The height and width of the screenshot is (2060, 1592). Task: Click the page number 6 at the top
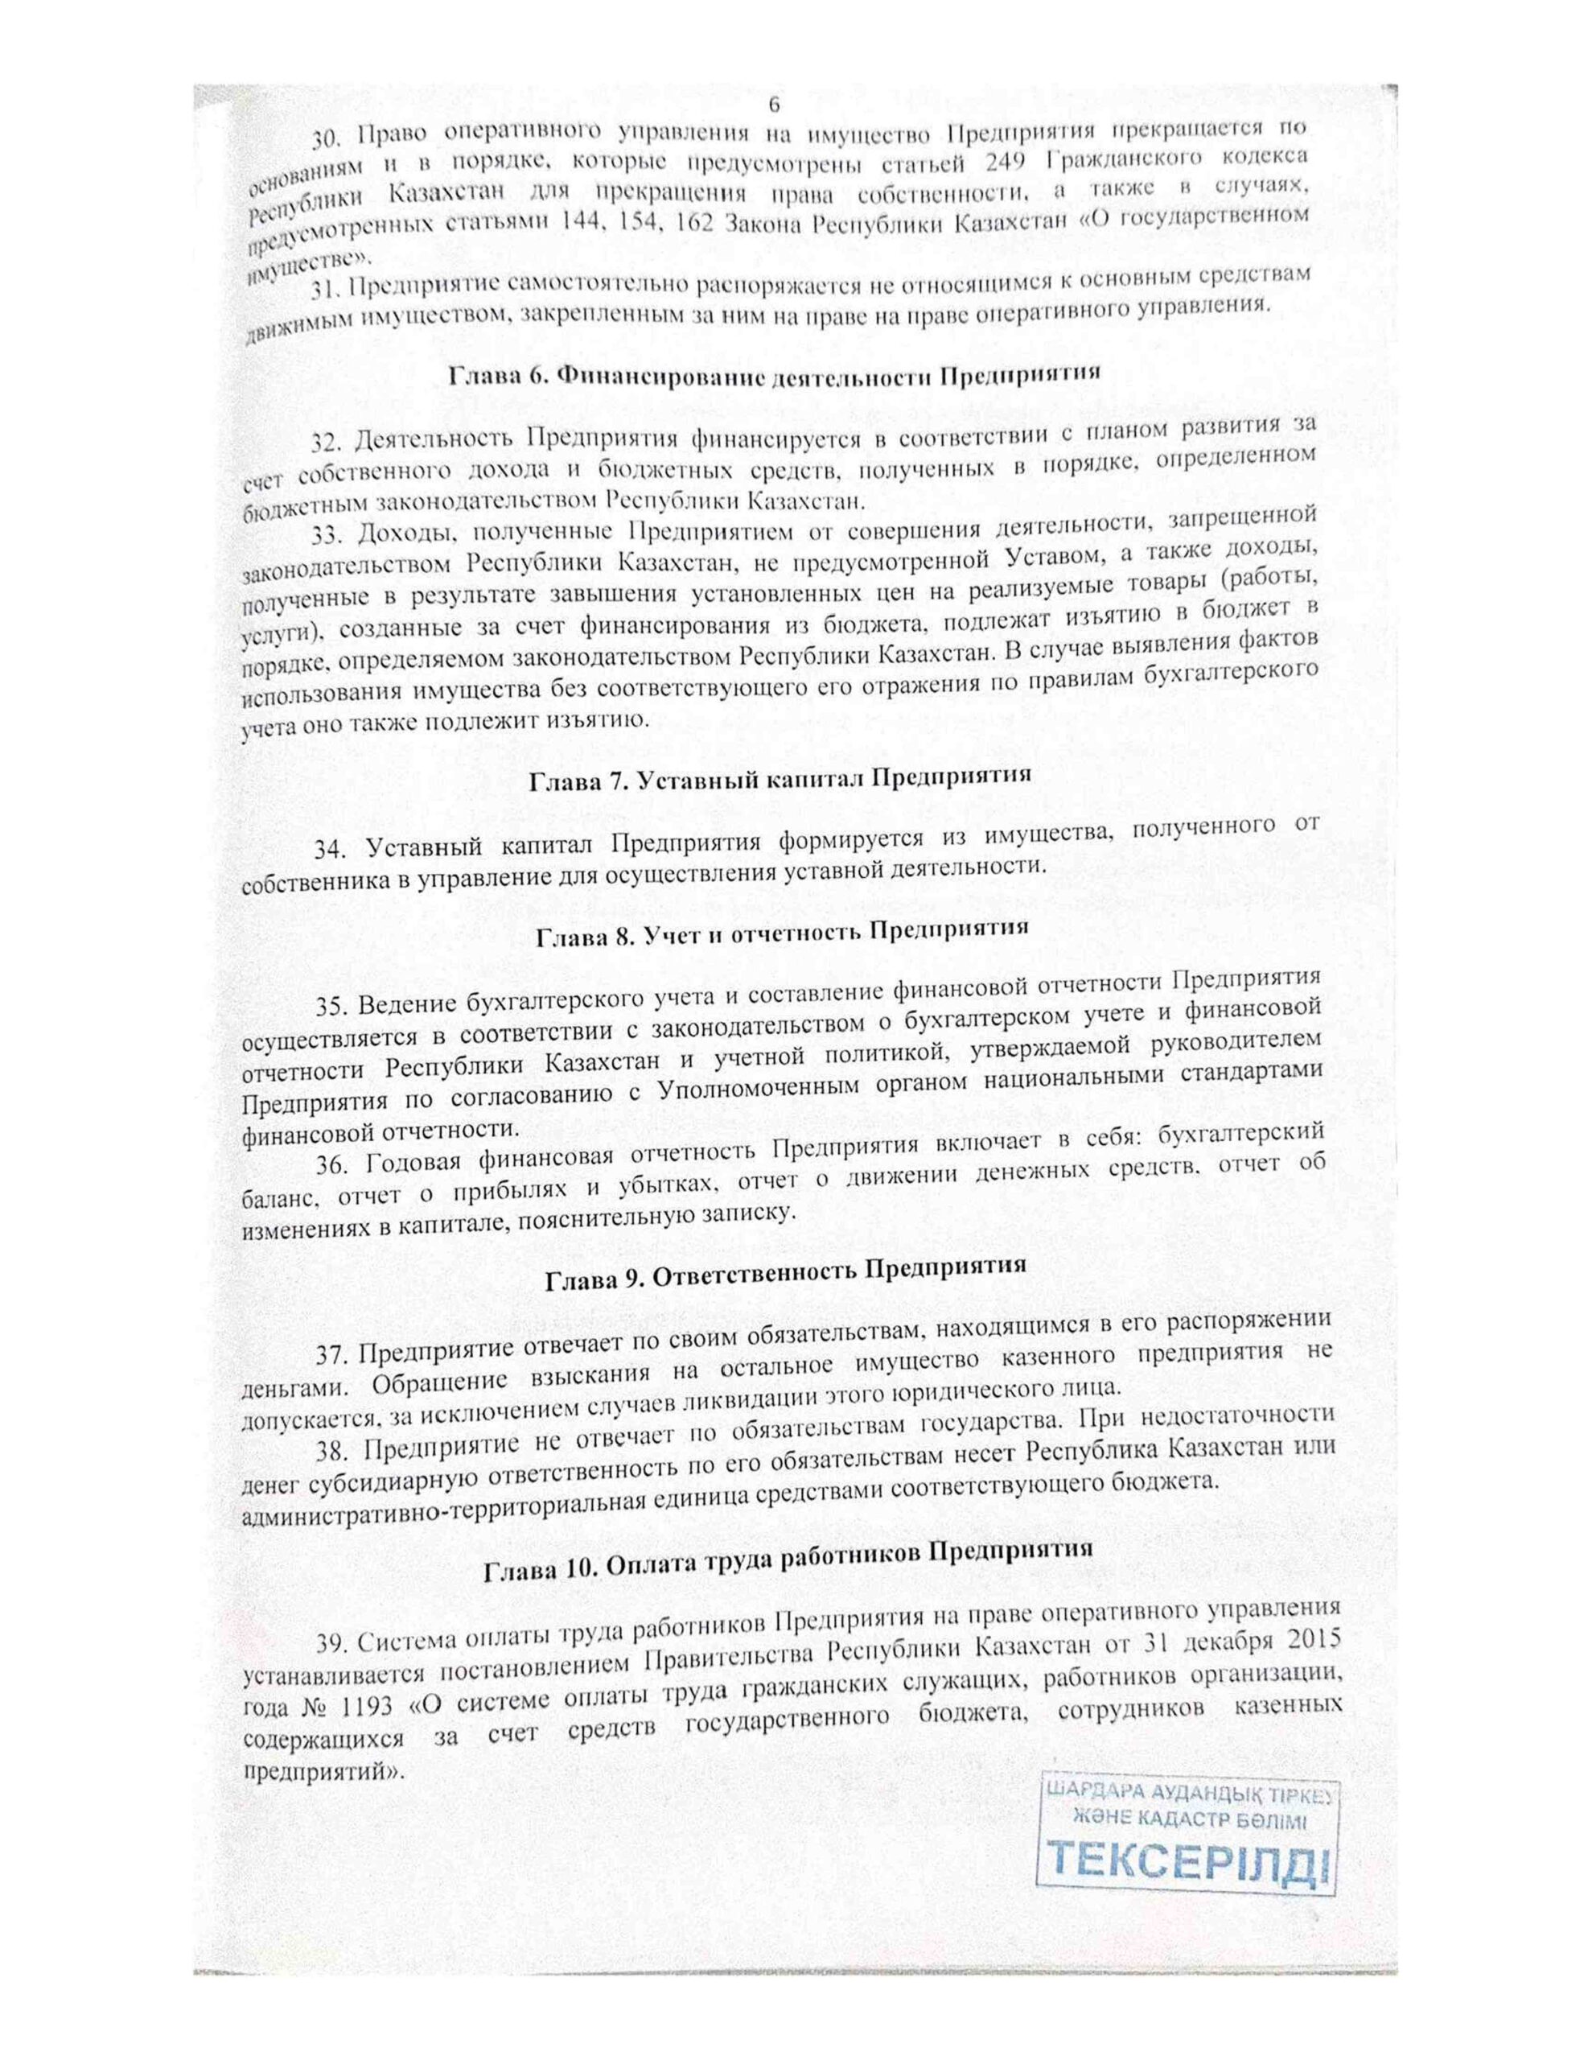[x=775, y=103]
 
